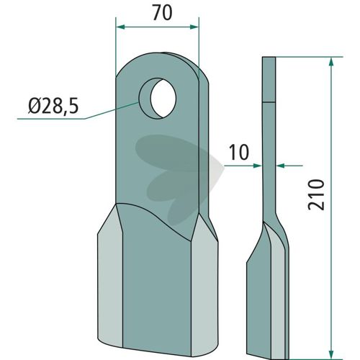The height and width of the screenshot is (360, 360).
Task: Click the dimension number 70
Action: coord(163,13)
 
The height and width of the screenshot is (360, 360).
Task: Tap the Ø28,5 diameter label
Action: coord(53,107)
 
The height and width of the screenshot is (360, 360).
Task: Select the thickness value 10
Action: coord(239,153)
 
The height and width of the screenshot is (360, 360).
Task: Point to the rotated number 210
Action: coord(316,194)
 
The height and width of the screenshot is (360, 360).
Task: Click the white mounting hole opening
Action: coord(163,99)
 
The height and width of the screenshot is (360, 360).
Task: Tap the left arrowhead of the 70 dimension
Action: coord(120,27)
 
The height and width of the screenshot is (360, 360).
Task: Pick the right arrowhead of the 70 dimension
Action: coord(194,27)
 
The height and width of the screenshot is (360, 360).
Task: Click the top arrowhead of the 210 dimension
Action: coord(331,62)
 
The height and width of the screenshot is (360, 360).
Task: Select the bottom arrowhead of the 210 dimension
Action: coord(331,354)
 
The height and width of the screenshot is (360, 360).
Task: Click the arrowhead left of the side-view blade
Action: coord(257,166)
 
